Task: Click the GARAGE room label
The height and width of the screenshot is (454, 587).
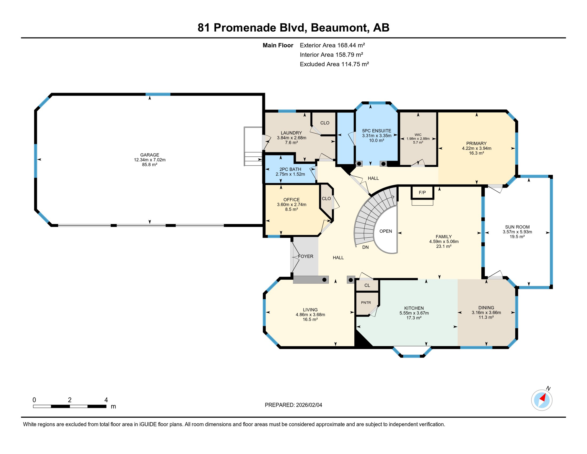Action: click(149, 155)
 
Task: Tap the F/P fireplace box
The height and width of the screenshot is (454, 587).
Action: click(422, 192)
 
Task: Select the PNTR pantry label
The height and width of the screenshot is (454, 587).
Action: click(366, 303)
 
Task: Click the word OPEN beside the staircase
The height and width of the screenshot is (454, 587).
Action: click(386, 231)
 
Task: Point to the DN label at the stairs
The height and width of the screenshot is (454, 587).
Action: click(365, 247)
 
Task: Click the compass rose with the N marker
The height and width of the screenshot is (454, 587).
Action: click(542, 400)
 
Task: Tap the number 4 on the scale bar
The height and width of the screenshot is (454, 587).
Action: click(106, 400)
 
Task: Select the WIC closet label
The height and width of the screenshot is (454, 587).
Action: click(418, 135)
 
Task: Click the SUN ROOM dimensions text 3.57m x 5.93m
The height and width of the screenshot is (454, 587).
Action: click(517, 232)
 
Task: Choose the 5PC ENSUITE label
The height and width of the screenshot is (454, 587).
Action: click(376, 131)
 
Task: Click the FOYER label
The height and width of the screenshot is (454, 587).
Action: click(306, 256)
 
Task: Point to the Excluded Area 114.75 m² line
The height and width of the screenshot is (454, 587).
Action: click(334, 64)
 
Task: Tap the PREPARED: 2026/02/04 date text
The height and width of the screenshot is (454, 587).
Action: click(293, 405)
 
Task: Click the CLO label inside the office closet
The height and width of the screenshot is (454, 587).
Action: click(326, 199)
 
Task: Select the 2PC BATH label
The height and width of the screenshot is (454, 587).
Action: click(290, 169)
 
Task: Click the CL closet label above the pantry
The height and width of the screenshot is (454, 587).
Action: click(367, 285)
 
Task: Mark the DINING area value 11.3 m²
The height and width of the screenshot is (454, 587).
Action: click(486, 317)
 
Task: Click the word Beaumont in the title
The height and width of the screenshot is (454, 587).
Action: click(339, 27)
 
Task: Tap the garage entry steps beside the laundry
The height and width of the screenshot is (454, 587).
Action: click(253, 146)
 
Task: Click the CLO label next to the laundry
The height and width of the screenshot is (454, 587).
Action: click(325, 123)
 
